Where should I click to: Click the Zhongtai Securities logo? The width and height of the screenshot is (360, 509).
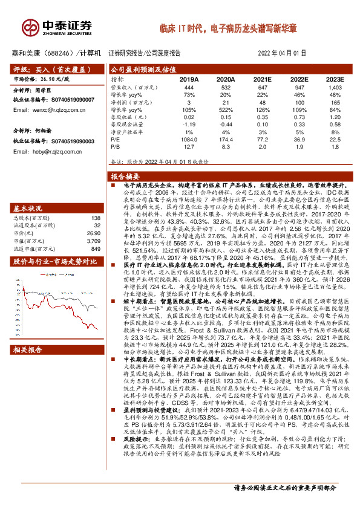[57, 27]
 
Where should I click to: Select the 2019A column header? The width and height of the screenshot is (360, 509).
[189, 79]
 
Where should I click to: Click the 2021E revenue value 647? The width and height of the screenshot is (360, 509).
[262, 87]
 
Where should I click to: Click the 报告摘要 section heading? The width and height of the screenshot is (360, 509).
[125, 176]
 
